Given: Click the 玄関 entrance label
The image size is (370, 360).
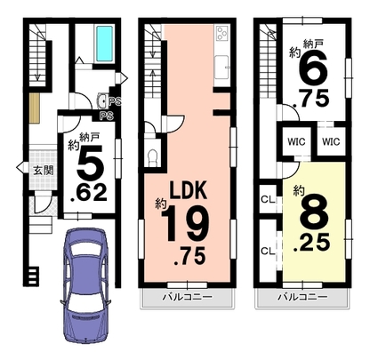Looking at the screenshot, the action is pyautogui.click(x=44, y=171).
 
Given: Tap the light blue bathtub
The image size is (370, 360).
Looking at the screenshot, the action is pyautogui.click(x=104, y=44).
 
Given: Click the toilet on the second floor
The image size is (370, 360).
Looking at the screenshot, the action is pyautogui.click(x=153, y=158).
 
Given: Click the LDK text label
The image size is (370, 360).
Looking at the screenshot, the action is pyautogui.click(x=188, y=190).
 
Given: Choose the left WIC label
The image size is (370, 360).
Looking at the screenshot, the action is pyautogui.click(x=296, y=141).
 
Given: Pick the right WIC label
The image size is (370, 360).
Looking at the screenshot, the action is pyautogui.click(x=331, y=141).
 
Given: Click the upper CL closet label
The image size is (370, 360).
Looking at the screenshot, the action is pyautogui.click(x=268, y=199).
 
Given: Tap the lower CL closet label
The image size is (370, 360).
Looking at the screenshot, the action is pyautogui.click(x=268, y=252).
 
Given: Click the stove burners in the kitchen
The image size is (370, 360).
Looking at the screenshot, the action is pyautogui.click(x=222, y=33).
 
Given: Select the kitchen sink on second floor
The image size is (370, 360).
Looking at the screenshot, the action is pyautogui.click(x=221, y=68).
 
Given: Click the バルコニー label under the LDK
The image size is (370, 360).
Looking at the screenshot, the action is pyautogui.click(x=187, y=297).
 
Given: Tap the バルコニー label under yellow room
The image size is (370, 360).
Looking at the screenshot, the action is pyautogui.click(x=302, y=297).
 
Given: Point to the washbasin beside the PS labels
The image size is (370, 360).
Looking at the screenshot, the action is pyautogui.click(x=102, y=101).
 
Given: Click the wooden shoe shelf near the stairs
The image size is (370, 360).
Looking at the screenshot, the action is pyautogui.click(x=35, y=108).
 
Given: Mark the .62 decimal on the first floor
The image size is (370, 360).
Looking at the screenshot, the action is pyautogui.click(x=88, y=193).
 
